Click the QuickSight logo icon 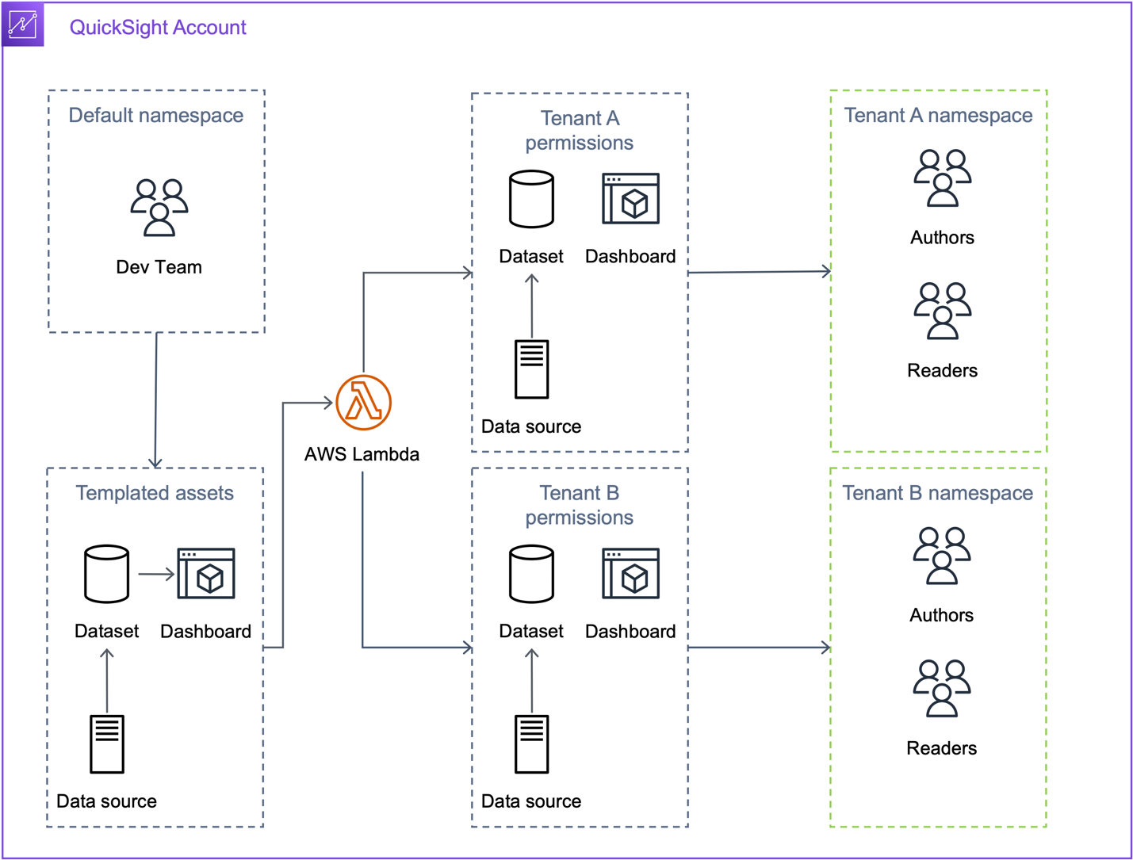23,25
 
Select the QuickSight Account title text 158,27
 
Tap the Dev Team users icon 159,208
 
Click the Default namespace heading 156,115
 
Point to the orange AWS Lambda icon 363,403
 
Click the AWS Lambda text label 362,454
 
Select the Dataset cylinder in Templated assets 107,574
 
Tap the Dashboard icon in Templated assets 206,573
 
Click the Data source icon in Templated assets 107,744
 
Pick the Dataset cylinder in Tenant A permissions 532,199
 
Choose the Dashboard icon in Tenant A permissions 631,199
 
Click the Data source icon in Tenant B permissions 532,744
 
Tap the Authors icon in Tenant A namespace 943,178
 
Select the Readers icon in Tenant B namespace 942,689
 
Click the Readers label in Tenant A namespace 943,370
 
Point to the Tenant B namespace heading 938,493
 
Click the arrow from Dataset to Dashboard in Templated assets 156,574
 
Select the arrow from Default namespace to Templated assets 156,400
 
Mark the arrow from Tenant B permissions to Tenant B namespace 760,647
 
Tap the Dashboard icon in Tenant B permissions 631,573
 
